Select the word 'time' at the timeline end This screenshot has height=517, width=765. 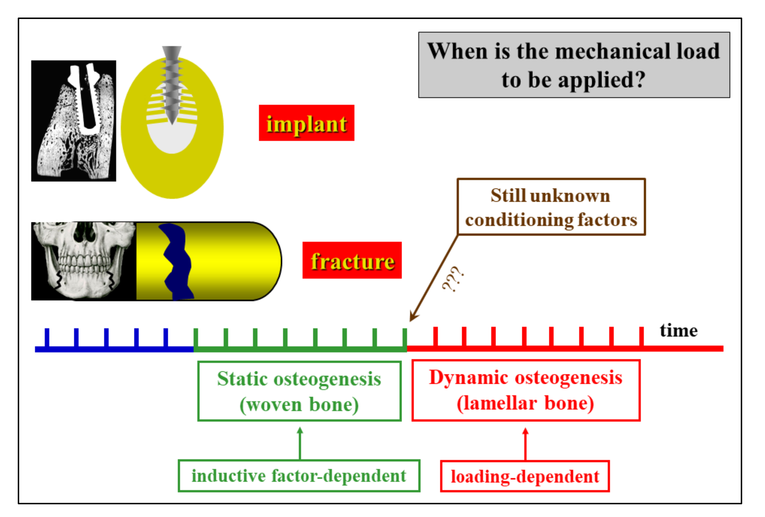click(678, 330)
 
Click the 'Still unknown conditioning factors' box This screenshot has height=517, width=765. click(551, 207)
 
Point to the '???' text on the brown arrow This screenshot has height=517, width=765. click(453, 279)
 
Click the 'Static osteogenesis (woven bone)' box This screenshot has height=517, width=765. click(299, 391)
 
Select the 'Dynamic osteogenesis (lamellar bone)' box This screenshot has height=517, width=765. click(525, 390)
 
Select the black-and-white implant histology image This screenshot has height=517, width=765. click(73, 121)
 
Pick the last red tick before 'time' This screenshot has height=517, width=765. click(641, 336)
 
